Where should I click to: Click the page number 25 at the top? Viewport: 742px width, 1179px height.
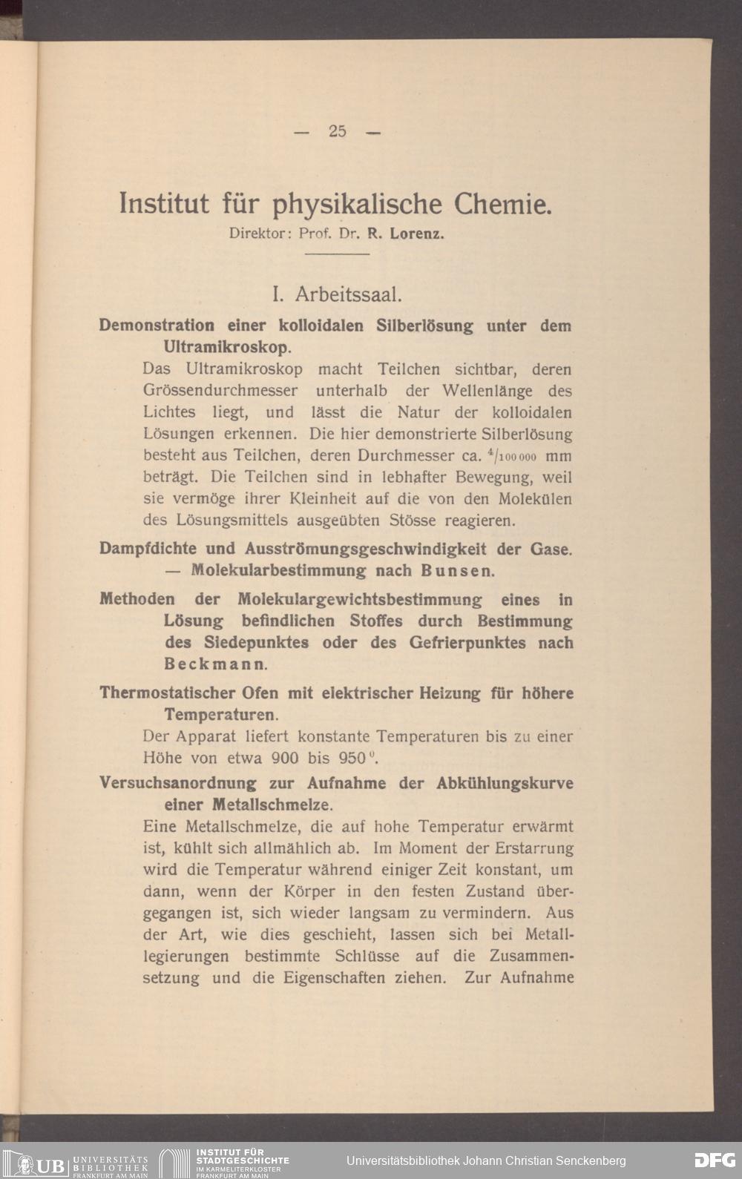point(338,131)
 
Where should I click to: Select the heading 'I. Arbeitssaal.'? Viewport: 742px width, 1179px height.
point(337,294)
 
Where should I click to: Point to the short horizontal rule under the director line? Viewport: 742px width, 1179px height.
point(337,254)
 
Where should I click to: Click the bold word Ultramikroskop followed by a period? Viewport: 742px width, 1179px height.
point(226,347)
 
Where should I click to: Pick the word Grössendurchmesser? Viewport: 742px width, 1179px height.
point(220,390)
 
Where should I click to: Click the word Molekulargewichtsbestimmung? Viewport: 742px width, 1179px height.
point(360,599)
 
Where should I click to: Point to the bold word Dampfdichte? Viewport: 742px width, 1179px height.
point(147,549)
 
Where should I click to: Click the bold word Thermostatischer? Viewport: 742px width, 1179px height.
point(168,693)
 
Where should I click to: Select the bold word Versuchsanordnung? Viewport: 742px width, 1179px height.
point(178,783)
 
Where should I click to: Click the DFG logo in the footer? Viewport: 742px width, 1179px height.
point(714,1160)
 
